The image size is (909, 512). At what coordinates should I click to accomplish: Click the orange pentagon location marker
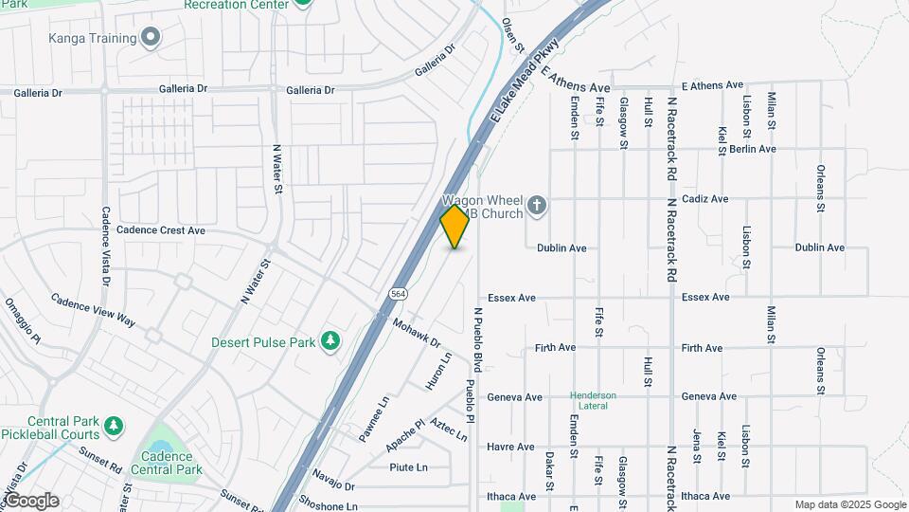coord(454,227)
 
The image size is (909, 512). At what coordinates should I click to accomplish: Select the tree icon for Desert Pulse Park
coord(330,340)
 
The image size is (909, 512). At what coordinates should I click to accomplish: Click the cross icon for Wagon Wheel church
coord(537,206)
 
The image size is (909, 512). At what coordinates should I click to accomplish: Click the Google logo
coord(30,501)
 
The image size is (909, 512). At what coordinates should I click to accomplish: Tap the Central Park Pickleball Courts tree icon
coord(113,426)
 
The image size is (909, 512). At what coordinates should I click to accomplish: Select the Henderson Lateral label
coord(593,400)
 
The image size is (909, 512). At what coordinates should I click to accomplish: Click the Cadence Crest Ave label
coord(163,230)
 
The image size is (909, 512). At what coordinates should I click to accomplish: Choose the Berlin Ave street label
coord(753,149)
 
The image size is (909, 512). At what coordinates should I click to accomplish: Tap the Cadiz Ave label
coord(705,199)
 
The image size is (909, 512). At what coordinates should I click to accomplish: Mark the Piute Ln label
coord(408,466)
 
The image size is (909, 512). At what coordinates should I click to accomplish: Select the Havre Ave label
coord(510,447)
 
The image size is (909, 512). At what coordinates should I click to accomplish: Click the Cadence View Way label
coord(93,308)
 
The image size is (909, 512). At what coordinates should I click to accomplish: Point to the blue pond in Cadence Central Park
coord(158,448)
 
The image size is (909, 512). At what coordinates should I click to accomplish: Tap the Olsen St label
coord(512,36)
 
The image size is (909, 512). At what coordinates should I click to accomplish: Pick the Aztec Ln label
coord(449,430)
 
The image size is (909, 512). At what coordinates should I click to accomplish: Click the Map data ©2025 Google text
coord(850,504)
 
